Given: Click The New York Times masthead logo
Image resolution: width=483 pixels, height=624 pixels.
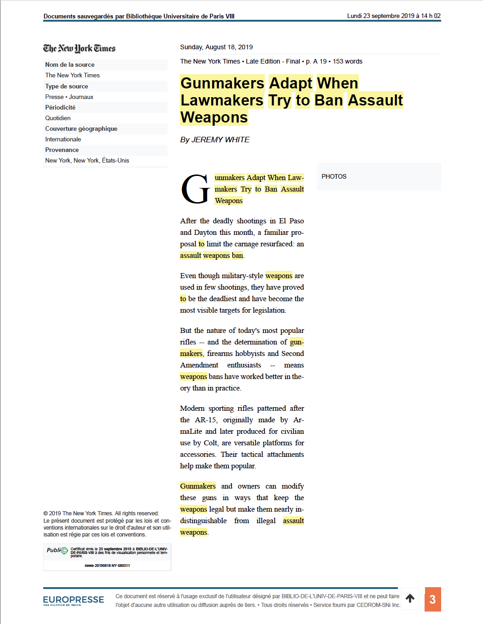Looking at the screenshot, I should point(79,48).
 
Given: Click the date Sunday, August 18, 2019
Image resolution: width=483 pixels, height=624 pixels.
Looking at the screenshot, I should point(216,47).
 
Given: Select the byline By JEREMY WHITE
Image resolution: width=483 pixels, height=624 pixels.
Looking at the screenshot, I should point(215,140).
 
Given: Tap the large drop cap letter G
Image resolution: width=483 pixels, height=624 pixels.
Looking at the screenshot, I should point(195,189).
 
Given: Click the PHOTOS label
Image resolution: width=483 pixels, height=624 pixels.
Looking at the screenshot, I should point(334,176).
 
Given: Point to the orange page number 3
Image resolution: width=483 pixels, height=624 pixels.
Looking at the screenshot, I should point(432,599).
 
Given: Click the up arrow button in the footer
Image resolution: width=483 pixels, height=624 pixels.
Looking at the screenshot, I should point(410,598).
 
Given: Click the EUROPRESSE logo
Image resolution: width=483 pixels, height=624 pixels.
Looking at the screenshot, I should point(74,600).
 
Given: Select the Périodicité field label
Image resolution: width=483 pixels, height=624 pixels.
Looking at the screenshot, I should point(60,107).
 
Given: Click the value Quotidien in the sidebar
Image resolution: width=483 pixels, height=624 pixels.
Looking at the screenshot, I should point(58,118).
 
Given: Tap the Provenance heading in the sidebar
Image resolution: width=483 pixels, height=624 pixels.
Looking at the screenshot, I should point(62,150).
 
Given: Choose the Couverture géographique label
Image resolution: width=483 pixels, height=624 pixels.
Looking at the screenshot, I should point(81,128).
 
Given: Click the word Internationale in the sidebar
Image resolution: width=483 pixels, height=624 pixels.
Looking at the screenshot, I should point(63,139).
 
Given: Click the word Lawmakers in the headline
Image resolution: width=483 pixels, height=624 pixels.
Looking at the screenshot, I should point(222,100).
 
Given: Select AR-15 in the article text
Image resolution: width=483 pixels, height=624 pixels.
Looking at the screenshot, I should point(205,420).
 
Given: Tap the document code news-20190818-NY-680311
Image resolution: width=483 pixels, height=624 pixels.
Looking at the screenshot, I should point(107,566).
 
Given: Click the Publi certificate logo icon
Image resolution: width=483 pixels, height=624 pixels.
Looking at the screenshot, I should point(64,550).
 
